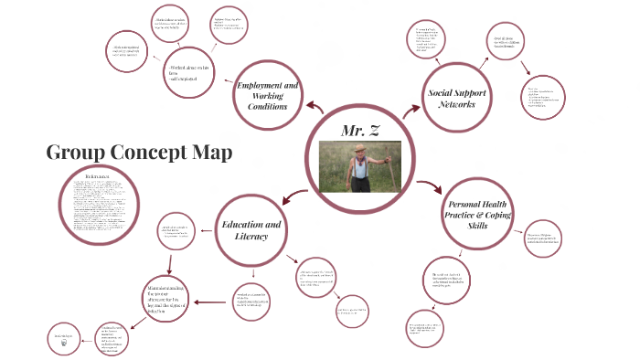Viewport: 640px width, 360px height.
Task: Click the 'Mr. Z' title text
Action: [x=360, y=131]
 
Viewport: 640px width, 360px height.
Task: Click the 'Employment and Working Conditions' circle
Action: [x=269, y=96]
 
